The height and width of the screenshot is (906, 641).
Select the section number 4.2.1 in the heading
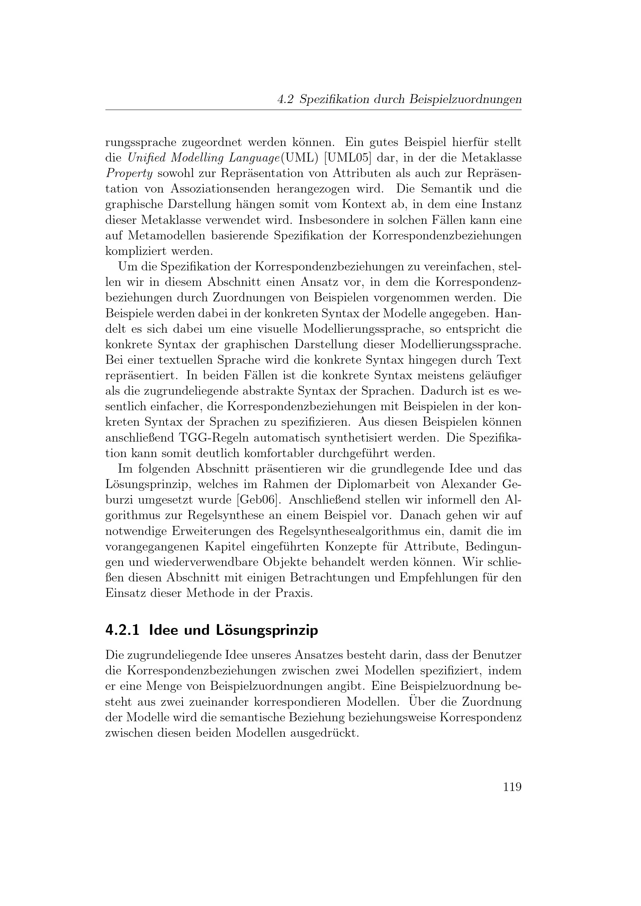coord(122,630)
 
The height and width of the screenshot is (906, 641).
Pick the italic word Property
coord(129,174)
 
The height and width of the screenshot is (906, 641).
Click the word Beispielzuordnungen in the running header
coord(465,100)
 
